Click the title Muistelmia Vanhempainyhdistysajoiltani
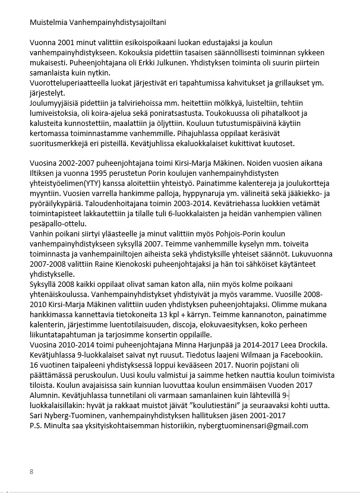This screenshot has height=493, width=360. click(x=98, y=23)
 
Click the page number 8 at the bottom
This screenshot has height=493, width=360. click(x=31, y=472)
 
